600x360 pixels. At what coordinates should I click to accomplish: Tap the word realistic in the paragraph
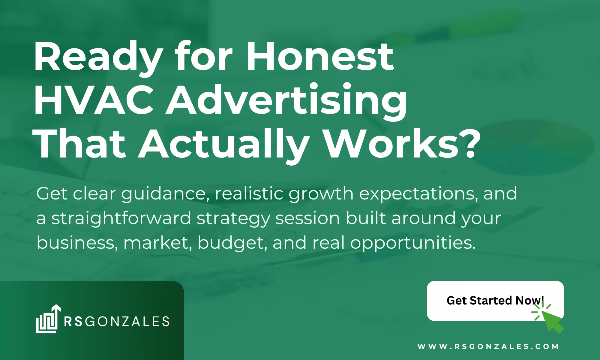[249, 193]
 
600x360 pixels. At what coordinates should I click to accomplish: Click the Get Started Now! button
[495, 301]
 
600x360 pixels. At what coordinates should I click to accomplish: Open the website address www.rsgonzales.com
[488, 346]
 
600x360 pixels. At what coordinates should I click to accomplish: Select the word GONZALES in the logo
[129, 321]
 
